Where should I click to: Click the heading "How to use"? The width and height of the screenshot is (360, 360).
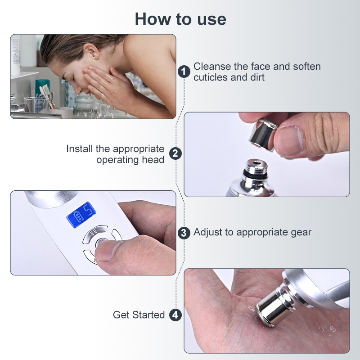(180, 19)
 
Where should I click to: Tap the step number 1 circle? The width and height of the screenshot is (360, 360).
(184, 72)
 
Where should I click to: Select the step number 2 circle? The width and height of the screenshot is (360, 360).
(175, 154)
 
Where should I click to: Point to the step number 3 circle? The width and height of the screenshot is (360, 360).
(184, 233)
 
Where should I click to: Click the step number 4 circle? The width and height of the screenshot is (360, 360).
(175, 315)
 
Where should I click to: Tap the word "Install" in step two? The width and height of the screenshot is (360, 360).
(81, 149)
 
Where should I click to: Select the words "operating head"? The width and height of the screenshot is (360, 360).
(130, 160)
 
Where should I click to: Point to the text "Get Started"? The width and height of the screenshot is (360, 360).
(139, 315)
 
